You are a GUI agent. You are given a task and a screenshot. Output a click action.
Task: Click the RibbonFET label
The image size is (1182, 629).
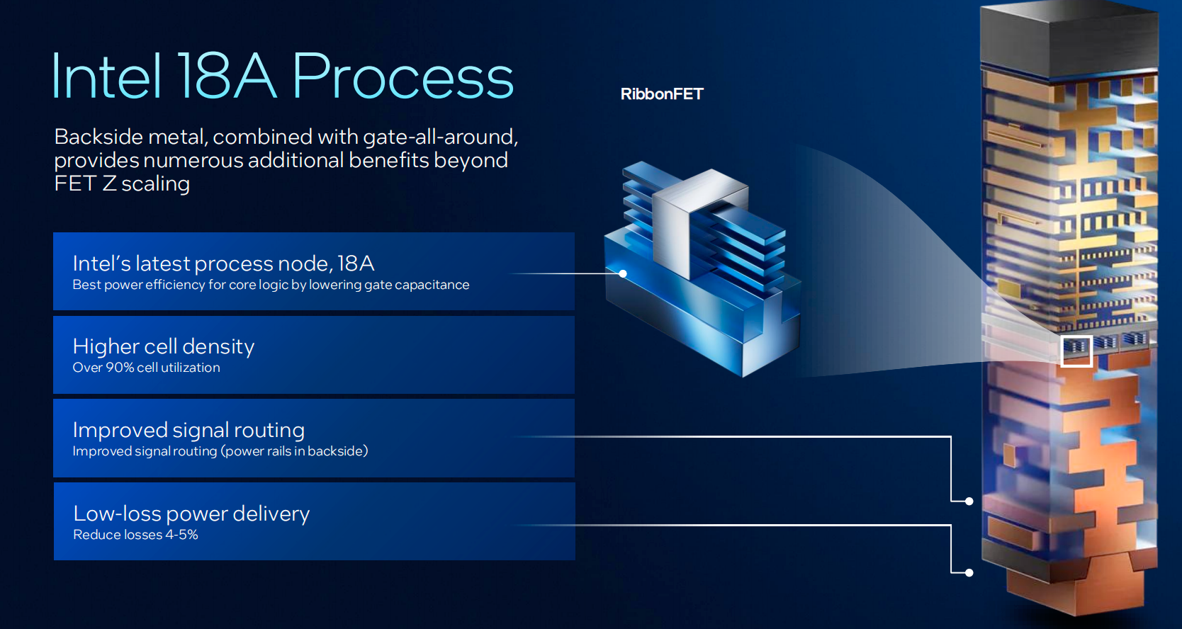point(662,94)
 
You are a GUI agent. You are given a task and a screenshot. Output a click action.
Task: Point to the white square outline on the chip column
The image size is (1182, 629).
point(1076,351)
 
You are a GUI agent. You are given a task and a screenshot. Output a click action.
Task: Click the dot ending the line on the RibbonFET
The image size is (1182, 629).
point(623,273)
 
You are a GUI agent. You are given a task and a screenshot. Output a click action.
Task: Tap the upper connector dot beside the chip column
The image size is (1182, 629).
point(969,501)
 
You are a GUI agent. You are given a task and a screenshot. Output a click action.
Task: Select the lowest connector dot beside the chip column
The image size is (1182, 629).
point(969,572)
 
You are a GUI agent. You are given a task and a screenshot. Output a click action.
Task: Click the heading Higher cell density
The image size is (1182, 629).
point(164,346)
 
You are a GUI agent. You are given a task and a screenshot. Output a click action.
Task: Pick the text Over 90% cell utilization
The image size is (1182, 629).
point(146,368)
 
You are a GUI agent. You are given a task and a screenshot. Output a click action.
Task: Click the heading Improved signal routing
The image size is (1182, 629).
point(188,430)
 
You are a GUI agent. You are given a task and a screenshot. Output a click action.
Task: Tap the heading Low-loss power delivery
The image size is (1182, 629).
point(191,514)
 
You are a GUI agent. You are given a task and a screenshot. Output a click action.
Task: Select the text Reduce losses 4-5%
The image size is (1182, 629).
point(135,535)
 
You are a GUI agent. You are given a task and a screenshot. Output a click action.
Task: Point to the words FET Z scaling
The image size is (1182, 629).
point(122,183)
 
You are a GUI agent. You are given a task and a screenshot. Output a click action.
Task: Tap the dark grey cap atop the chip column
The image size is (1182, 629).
point(1066,39)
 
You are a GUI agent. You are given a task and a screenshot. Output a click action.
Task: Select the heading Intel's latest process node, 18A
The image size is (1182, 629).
point(223,263)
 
